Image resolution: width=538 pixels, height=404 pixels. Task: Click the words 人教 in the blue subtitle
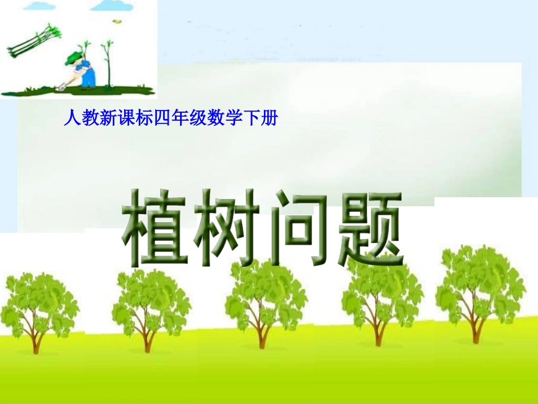[x=75, y=118]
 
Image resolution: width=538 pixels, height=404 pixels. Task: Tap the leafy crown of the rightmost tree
[x=479, y=283]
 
